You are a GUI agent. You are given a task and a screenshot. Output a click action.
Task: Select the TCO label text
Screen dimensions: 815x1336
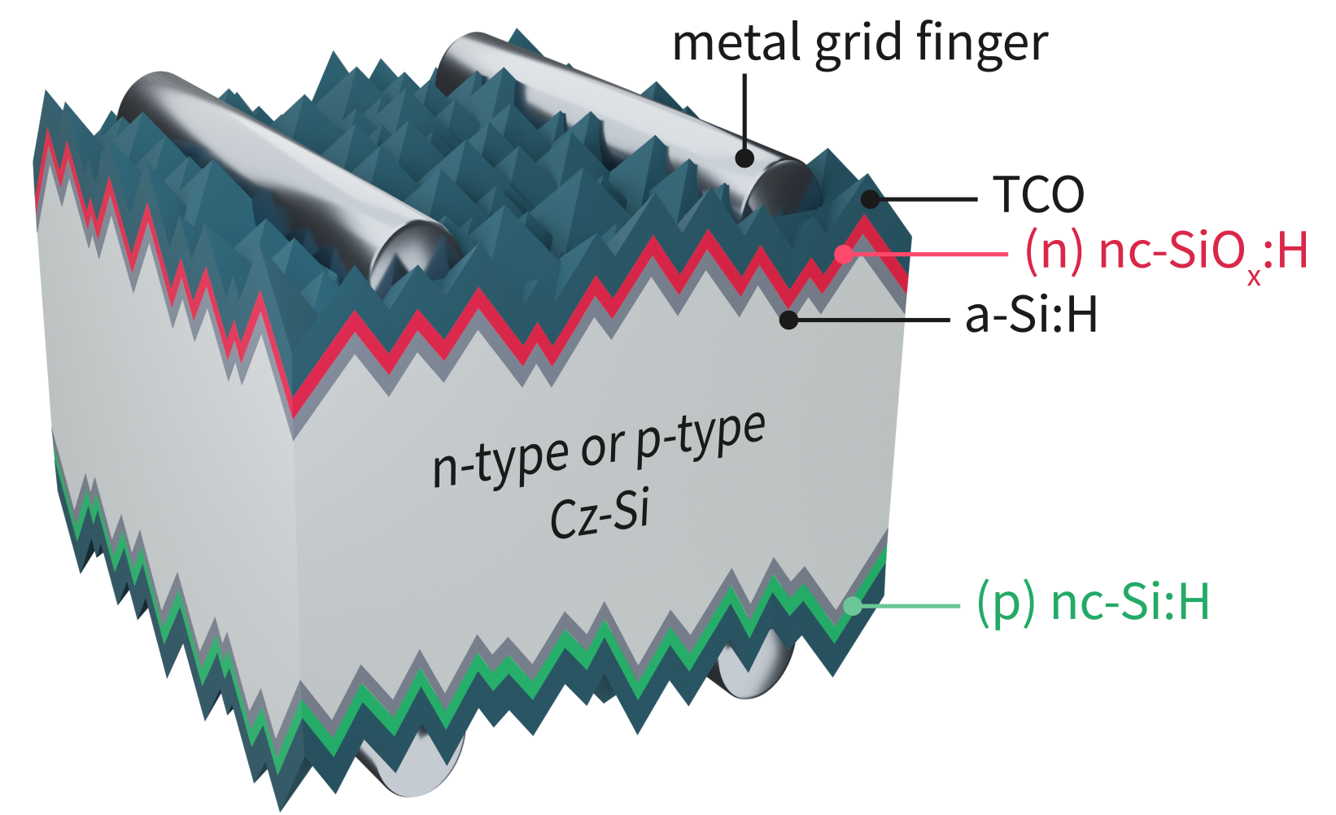coord(1038,195)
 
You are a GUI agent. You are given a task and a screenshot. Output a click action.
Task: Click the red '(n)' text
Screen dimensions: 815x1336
coord(1053,251)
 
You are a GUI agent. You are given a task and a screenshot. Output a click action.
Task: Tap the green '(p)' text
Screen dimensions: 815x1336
coord(1005,603)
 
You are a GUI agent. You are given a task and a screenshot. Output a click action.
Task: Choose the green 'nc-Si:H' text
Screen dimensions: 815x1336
coord(1129,603)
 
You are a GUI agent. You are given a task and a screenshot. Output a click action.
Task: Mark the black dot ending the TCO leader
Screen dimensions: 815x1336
coord(871,198)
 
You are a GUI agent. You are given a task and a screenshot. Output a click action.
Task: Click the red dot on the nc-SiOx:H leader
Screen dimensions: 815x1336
coord(845,253)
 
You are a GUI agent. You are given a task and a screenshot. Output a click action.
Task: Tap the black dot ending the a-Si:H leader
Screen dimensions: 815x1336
coord(788,320)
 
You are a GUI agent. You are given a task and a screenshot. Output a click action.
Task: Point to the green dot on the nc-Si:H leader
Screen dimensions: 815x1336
coord(852,606)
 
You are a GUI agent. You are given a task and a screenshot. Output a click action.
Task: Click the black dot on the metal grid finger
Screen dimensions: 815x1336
coord(744,158)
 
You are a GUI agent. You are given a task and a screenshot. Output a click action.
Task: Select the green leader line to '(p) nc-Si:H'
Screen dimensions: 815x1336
coord(911,606)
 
